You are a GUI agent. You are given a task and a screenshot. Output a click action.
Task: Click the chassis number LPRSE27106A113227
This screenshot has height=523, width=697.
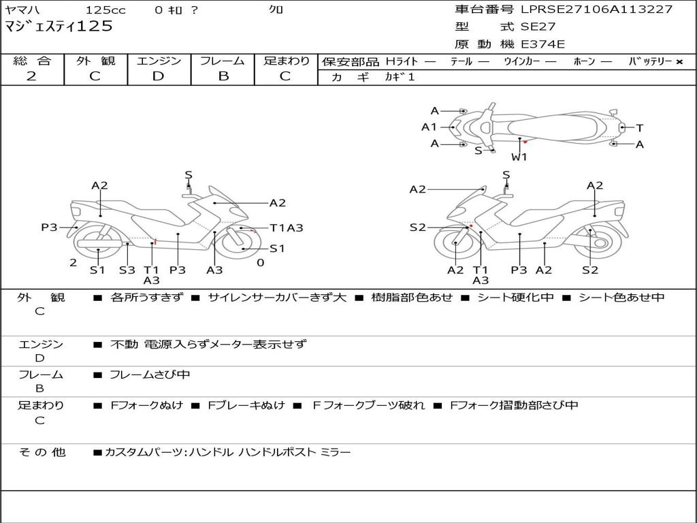tap(596, 10)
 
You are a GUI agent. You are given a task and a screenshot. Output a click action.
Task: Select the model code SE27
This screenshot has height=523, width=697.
tap(538, 27)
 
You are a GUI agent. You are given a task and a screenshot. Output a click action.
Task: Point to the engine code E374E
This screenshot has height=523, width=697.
tap(542, 45)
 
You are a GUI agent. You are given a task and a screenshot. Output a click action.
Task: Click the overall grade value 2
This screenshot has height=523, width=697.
tap(31, 76)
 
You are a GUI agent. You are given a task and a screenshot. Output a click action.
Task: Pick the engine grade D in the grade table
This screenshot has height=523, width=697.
tap(159, 76)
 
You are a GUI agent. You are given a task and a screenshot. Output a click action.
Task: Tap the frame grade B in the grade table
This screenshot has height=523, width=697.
tap(223, 76)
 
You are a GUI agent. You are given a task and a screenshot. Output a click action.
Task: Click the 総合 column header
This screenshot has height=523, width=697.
tap(32, 61)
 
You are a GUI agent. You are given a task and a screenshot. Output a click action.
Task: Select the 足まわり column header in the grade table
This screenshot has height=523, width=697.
tap(286, 61)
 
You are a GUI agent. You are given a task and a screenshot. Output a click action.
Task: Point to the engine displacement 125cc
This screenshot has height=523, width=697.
tap(106, 10)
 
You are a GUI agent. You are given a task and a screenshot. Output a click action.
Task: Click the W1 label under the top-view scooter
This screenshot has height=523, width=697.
tap(519, 157)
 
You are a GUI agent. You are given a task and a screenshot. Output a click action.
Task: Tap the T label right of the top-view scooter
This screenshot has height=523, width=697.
tap(640, 127)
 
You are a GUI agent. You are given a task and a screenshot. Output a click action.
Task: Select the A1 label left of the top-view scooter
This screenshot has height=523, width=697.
tap(429, 127)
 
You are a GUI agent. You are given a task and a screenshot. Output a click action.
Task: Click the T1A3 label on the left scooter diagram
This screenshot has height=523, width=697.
tap(286, 228)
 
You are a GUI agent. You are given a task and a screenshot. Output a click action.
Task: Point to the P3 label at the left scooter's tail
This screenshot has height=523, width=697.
tap(49, 227)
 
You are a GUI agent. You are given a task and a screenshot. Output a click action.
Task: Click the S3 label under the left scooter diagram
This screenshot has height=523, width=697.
tap(127, 270)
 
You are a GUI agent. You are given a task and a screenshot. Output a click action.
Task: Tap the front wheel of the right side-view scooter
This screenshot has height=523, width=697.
tap(455, 244)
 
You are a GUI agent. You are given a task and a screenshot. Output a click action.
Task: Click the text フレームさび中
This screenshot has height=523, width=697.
tap(150, 375)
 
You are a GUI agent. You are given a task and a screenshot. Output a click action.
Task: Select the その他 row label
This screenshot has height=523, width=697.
tap(42, 451)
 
